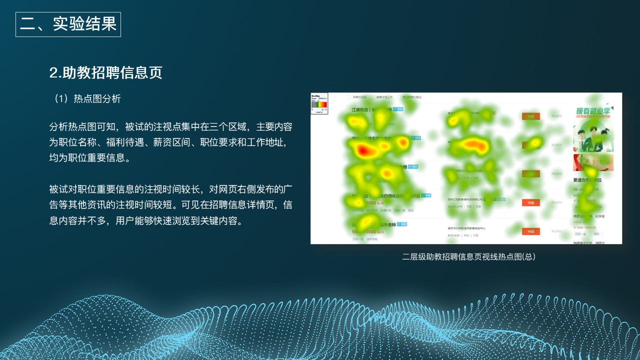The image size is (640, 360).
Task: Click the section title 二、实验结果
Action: (68, 24)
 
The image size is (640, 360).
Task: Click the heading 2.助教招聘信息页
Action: (106, 72)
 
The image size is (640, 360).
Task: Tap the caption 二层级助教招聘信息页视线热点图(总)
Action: (468, 256)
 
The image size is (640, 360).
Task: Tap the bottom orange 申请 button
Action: (530, 231)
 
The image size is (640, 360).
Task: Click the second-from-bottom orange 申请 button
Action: (530, 202)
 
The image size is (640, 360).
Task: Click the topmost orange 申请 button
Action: (530, 116)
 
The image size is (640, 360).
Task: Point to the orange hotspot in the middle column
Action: (473, 145)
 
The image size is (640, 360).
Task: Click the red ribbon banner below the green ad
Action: (593, 162)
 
